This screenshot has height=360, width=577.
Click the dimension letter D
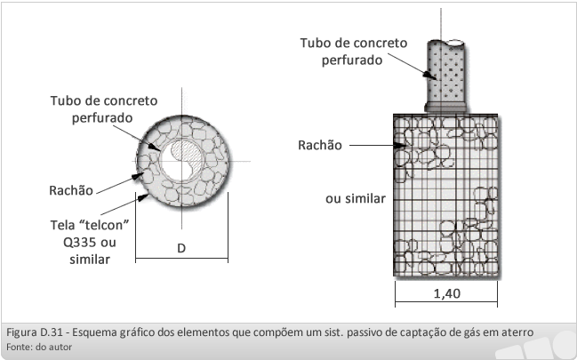181,248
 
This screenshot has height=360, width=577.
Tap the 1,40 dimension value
446,293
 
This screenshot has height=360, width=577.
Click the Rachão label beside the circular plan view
71,190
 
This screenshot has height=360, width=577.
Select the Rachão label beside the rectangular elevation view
320,145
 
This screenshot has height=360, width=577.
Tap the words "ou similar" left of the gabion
356,199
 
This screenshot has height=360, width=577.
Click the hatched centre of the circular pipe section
188,152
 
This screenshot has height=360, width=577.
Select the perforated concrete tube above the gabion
445,76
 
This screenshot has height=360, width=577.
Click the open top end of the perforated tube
454,43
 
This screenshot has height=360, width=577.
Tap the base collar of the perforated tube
445,108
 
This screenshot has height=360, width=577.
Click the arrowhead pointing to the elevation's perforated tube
429,75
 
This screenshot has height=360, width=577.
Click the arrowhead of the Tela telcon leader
142,197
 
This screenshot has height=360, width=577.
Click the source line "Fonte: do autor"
39,347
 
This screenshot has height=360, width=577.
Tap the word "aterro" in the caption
517,332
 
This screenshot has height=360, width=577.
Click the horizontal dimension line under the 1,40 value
446,302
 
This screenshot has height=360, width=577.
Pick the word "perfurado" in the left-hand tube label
102,118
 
